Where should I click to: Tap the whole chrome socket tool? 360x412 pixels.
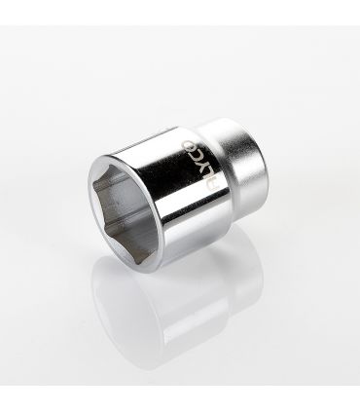(x=180, y=185)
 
